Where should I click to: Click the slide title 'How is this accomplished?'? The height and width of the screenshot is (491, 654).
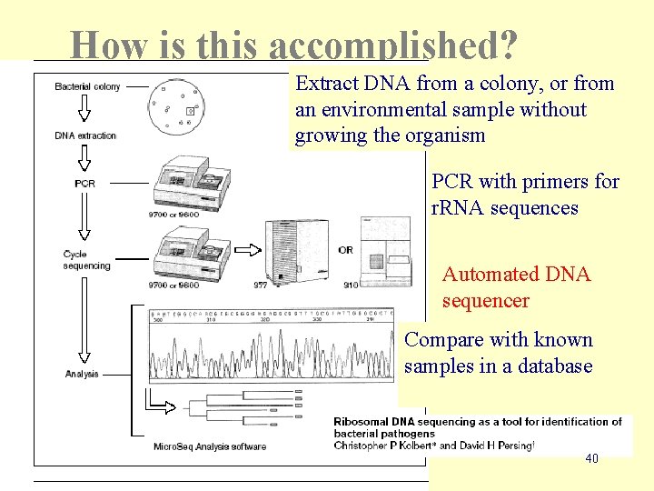pos(294,44)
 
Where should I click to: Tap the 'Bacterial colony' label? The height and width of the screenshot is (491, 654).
pos(87,87)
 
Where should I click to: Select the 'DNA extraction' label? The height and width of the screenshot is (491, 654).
pos(85,135)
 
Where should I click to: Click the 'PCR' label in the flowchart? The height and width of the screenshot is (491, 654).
pos(85,183)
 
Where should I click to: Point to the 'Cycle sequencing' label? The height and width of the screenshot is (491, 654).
pos(86,259)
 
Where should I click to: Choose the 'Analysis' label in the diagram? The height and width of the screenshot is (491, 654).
pos(82,374)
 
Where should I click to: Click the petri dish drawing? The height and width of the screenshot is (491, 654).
pos(174,105)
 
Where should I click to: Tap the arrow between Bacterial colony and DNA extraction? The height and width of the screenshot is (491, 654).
pos(83,110)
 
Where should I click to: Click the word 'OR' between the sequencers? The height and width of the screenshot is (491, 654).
pos(345,249)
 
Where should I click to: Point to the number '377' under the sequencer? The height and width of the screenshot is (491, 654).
pos(261,285)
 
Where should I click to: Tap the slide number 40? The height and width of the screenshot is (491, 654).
pos(591,459)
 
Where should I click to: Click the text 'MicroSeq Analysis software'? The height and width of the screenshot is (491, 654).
pos(210,446)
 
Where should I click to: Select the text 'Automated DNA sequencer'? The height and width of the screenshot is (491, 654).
pos(516,287)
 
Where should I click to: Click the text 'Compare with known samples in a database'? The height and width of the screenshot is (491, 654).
pos(498,353)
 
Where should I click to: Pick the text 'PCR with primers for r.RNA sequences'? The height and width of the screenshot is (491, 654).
pos(525,195)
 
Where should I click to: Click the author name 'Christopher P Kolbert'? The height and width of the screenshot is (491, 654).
pos(382,446)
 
